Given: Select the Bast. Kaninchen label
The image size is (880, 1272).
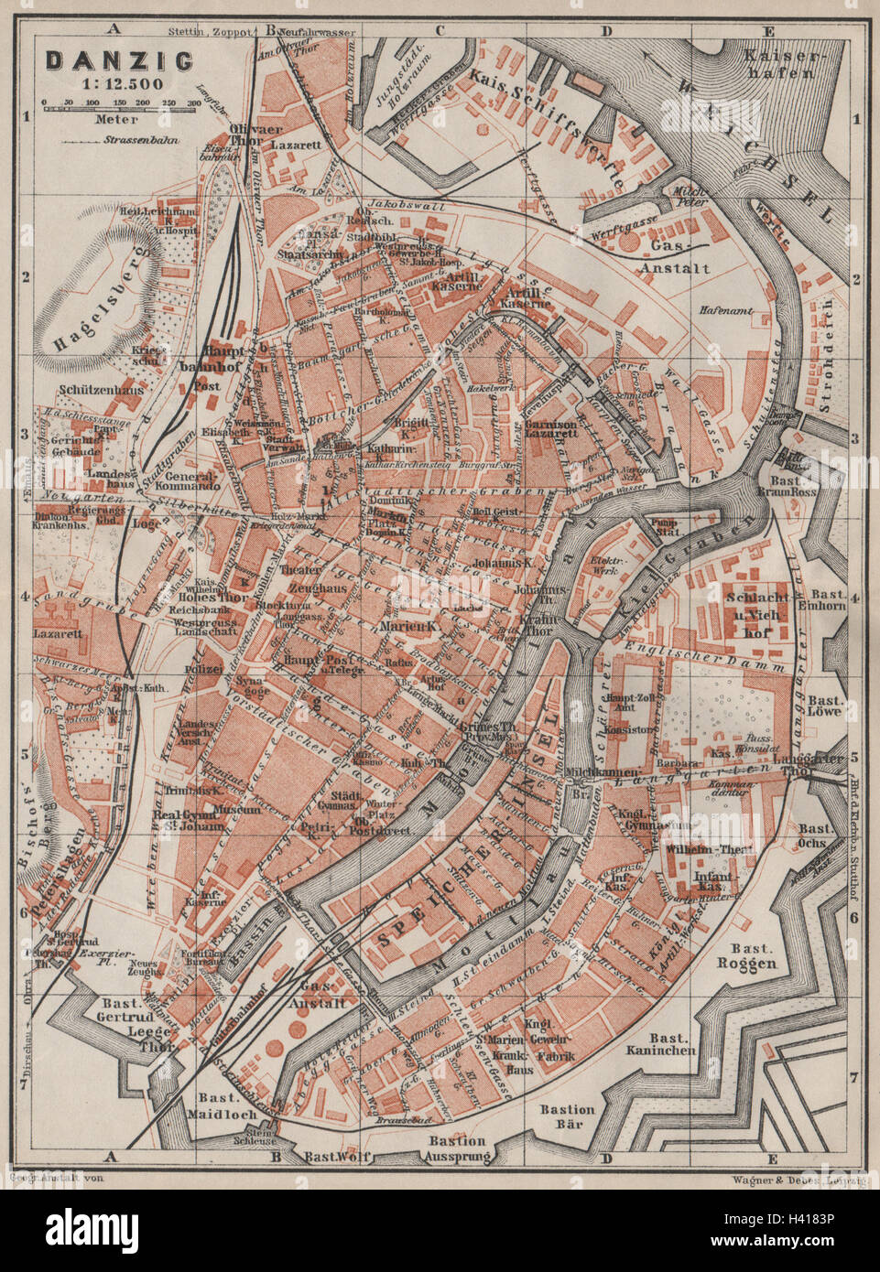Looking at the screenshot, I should [676, 1046].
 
